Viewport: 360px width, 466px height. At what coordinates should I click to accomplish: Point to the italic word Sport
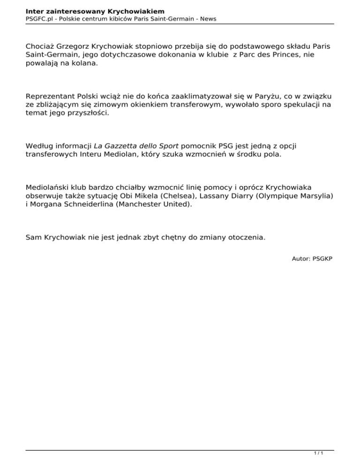[168, 146]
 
